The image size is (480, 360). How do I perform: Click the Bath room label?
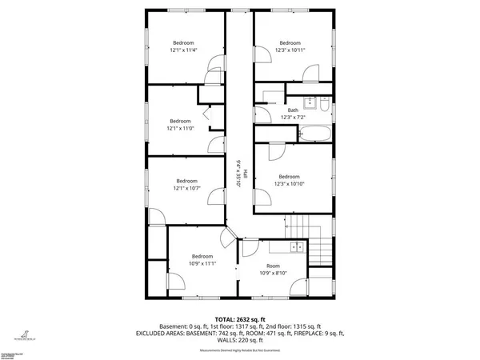pyautogui.click(x=293, y=111)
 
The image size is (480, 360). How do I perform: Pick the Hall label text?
pyautogui.click(x=244, y=173)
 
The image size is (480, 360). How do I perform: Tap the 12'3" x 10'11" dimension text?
pyautogui.click(x=290, y=50)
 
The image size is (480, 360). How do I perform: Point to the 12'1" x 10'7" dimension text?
pyautogui.click(x=187, y=189)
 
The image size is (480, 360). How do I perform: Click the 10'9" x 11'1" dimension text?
pyautogui.click(x=202, y=263)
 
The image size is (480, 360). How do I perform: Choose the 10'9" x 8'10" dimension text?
pyautogui.click(x=274, y=272)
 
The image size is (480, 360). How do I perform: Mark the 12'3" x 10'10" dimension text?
pyautogui.click(x=289, y=183)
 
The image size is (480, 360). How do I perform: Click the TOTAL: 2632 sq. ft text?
pyautogui.click(x=240, y=318)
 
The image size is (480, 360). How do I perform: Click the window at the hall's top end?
pyautogui.click(x=238, y=10)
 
